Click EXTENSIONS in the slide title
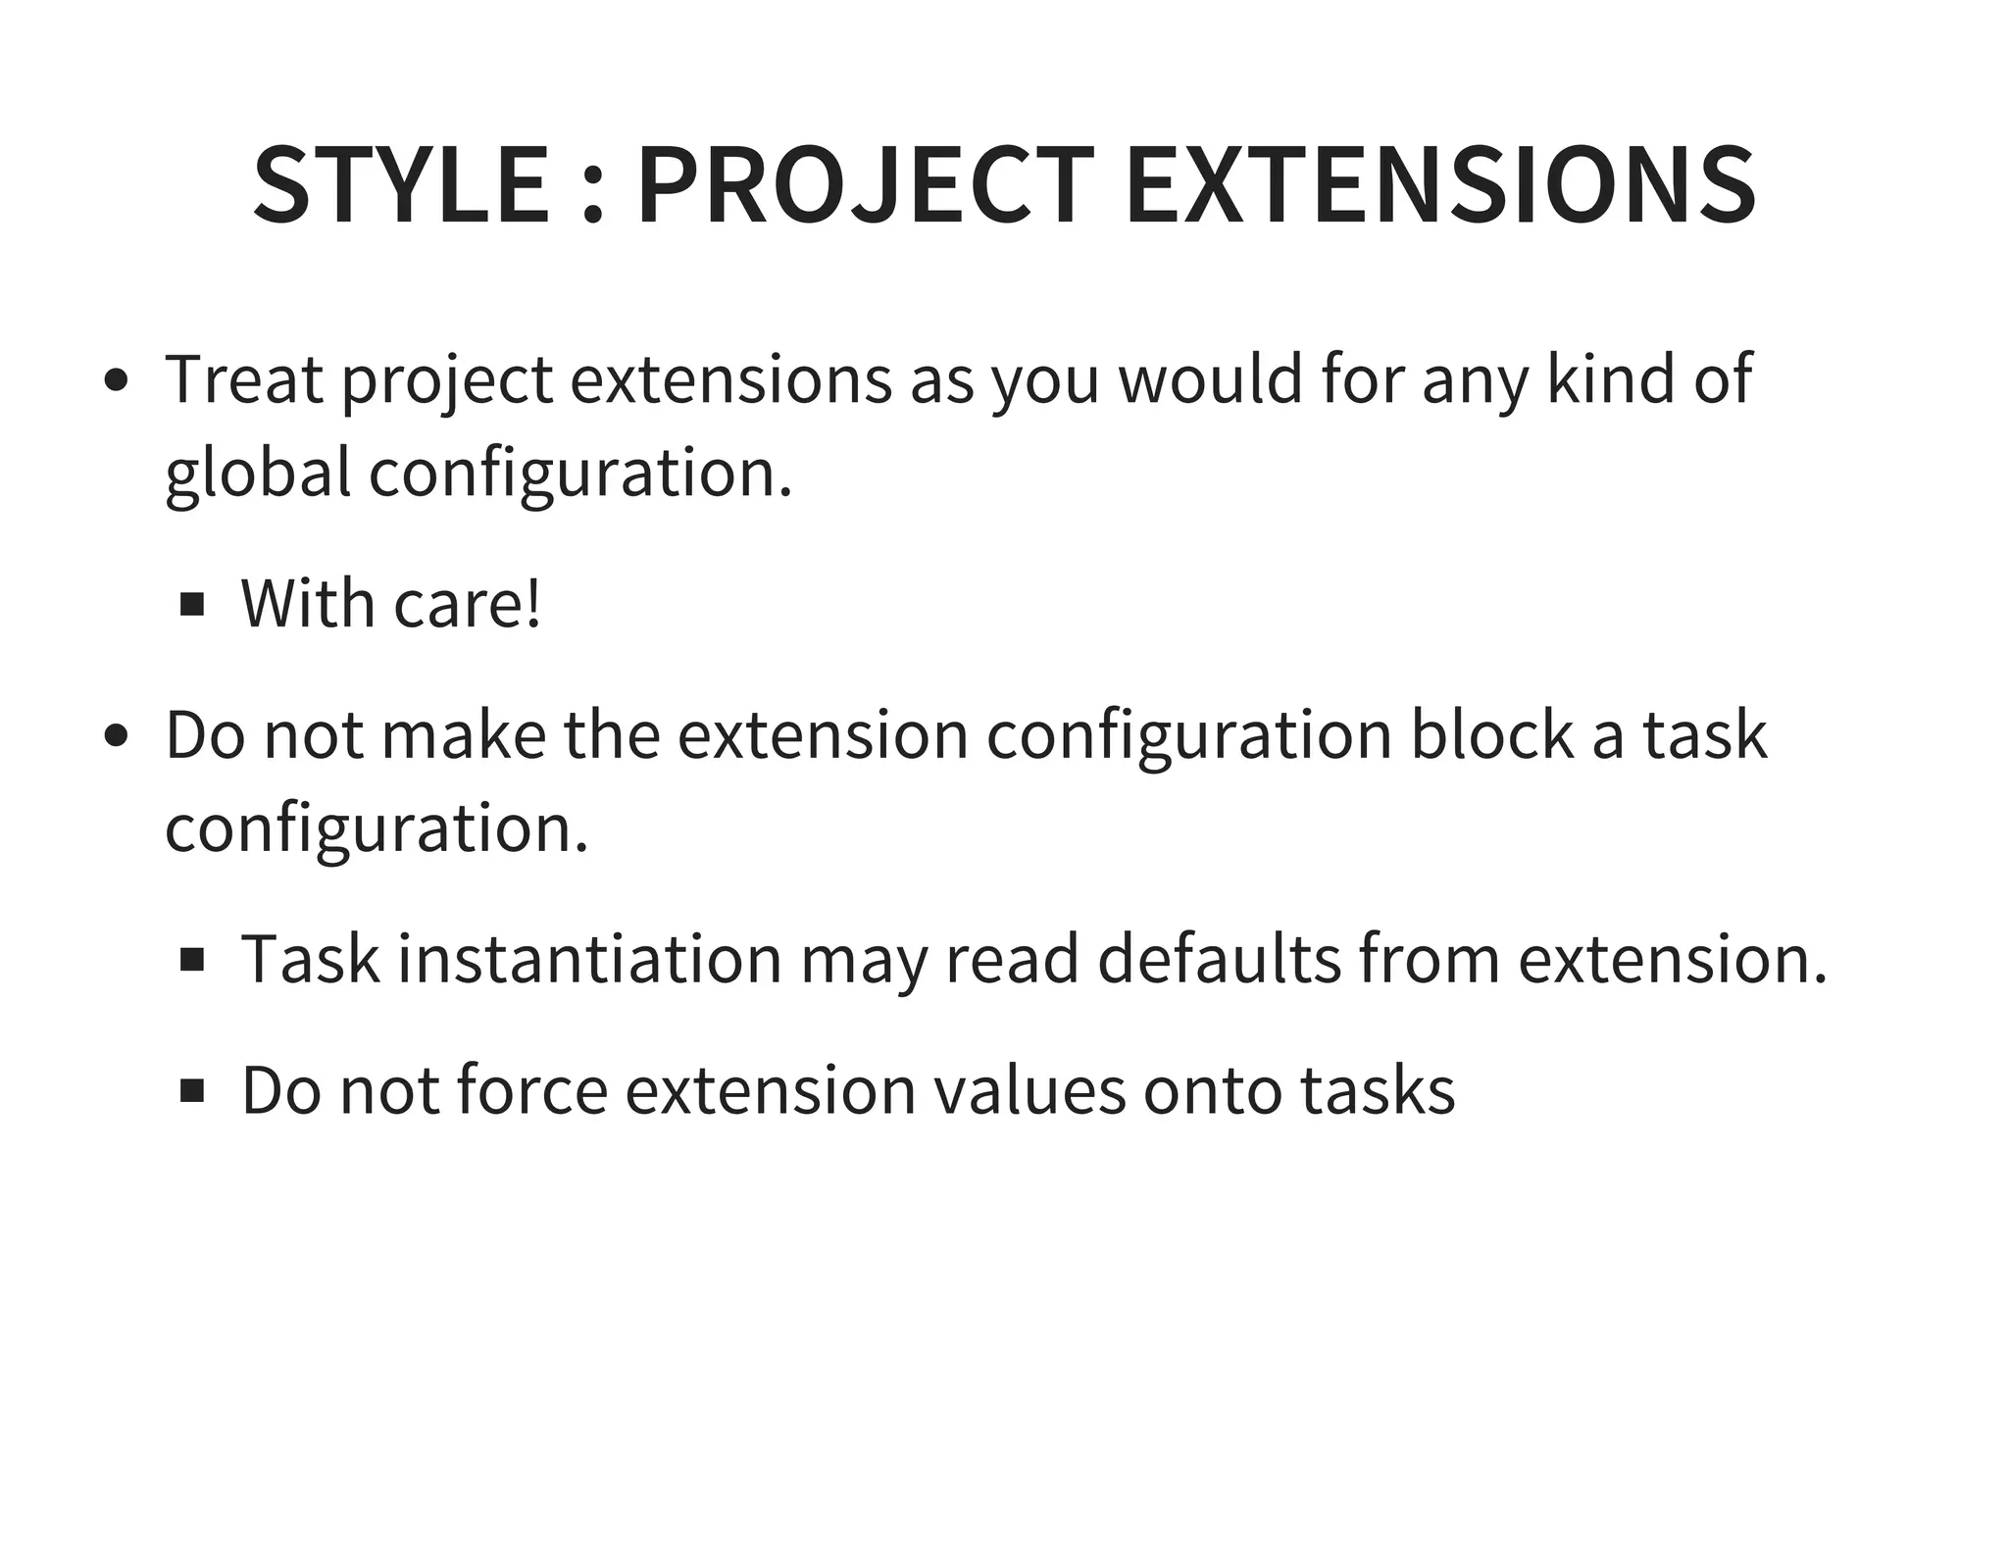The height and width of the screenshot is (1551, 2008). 1439,185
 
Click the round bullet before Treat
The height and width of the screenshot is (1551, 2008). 117,380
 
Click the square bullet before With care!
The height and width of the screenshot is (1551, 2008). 192,604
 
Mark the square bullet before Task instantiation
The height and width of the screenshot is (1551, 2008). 192,960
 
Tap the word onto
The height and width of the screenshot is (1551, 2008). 1213,1090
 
